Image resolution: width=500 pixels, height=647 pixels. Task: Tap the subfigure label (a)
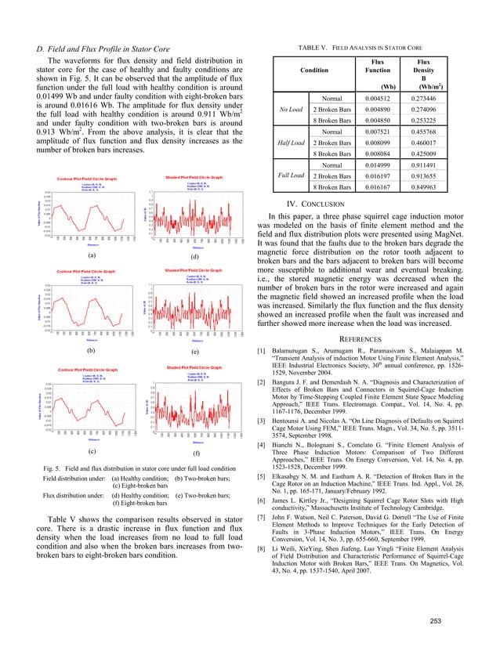(x=92, y=255)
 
